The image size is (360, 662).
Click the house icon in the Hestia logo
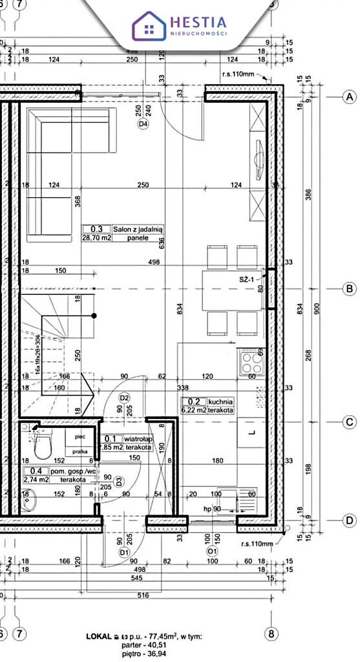(x=149, y=26)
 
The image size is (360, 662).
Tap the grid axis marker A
(x=350, y=97)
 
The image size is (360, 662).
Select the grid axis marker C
(x=350, y=422)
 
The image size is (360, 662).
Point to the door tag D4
(x=143, y=123)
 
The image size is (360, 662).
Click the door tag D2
(x=125, y=398)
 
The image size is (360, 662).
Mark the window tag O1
(x=211, y=552)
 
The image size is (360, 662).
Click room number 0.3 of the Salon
(x=96, y=229)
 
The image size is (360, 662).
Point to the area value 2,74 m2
(x=37, y=480)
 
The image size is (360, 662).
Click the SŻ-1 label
(x=247, y=279)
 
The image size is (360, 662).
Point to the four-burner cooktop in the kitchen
(x=249, y=361)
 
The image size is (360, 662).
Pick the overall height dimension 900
(x=316, y=309)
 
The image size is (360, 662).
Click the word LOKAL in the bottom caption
(x=99, y=637)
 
